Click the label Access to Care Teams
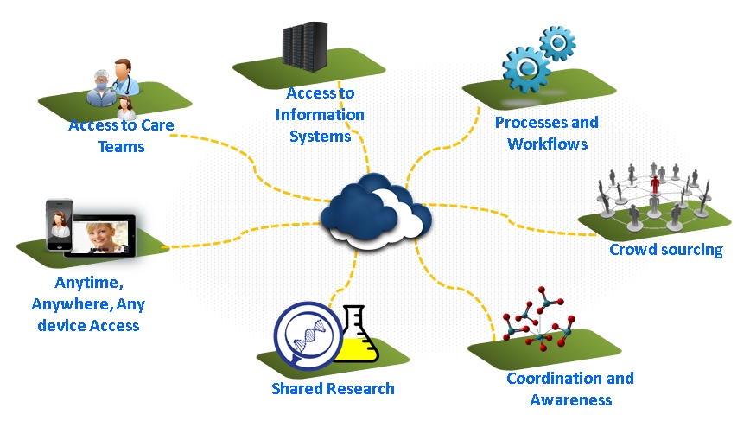(x=121, y=136)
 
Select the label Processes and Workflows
(x=547, y=133)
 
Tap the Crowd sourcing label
(x=666, y=250)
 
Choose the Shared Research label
(x=333, y=389)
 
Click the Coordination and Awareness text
(x=569, y=389)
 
